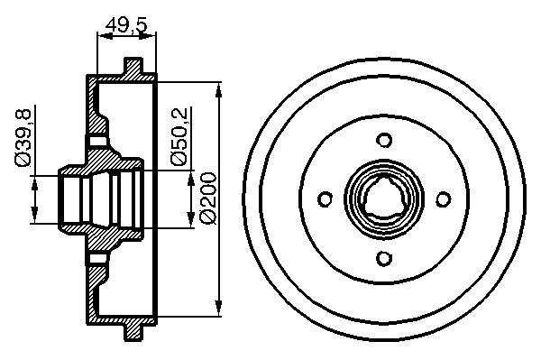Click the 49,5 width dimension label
pyautogui.click(x=126, y=25)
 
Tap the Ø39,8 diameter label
pyautogui.click(x=23, y=137)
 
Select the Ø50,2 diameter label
pyautogui.click(x=179, y=136)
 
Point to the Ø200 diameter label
pyautogui.click(x=208, y=198)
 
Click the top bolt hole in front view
pyautogui.click(x=384, y=140)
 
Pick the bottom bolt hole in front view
pyautogui.click(x=384, y=258)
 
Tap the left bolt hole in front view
pyautogui.click(x=325, y=199)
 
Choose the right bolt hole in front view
pyautogui.click(x=444, y=199)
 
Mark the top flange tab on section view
pyautogui.click(x=133, y=66)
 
